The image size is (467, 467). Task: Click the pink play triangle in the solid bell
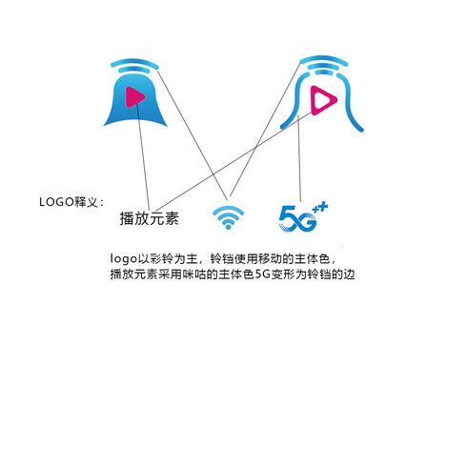[x=134, y=97]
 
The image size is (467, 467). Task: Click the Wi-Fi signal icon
[x=228, y=217]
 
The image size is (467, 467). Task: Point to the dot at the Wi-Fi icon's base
[x=228, y=227]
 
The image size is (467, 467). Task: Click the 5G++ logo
[x=303, y=217]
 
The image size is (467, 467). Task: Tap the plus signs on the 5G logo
[x=320, y=208]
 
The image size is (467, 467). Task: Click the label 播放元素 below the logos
[x=150, y=218]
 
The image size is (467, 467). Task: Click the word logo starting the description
[x=124, y=259]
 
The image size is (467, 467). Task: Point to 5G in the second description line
[x=262, y=274]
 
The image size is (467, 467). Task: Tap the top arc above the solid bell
[x=134, y=63]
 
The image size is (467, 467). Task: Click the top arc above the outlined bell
[x=324, y=60]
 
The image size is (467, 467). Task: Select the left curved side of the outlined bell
[x=298, y=102]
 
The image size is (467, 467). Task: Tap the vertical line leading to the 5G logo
[x=299, y=158]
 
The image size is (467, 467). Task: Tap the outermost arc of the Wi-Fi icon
[x=228, y=209]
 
